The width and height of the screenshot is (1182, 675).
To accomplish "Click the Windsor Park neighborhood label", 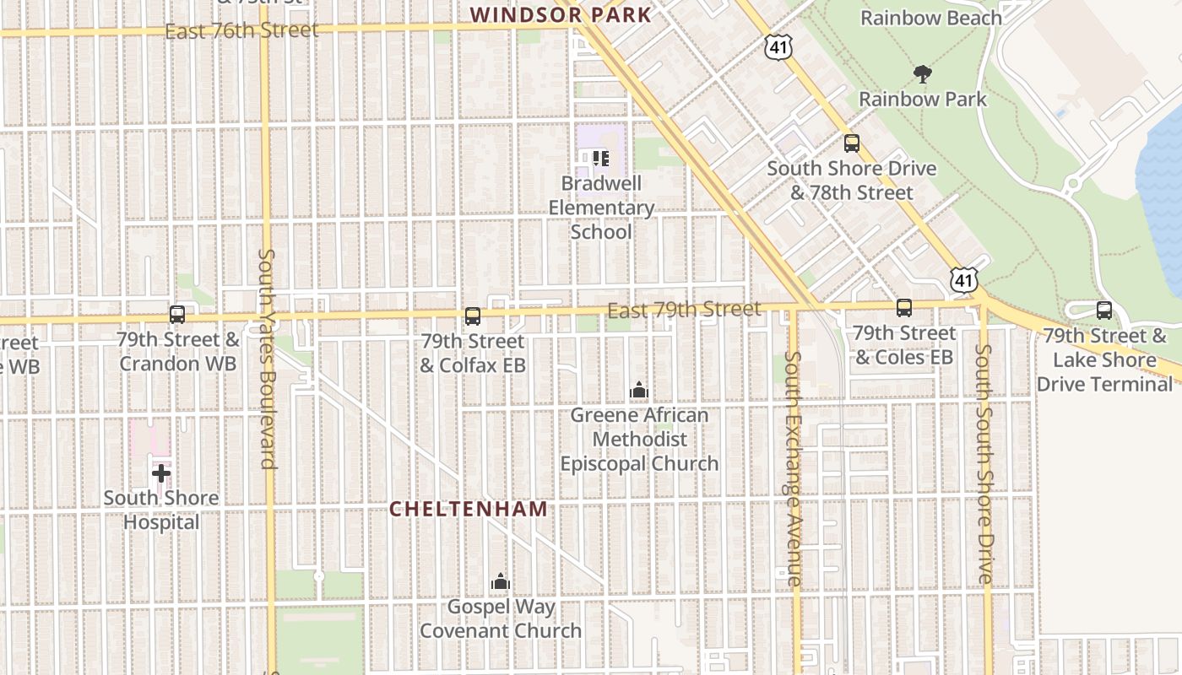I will pyautogui.click(x=561, y=14).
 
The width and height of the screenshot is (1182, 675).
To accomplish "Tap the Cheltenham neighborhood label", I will pyautogui.click(x=468, y=510).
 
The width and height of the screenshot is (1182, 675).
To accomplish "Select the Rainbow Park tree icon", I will pyautogui.click(x=923, y=74).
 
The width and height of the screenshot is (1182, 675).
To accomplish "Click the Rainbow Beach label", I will pyautogui.click(x=930, y=18).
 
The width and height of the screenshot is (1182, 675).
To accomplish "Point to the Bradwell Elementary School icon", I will pyautogui.click(x=600, y=159).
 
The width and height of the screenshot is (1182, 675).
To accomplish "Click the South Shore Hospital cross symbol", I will pyautogui.click(x=160, y=473).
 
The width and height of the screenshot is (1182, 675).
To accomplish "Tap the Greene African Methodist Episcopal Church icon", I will pyautogui.click(x=639, y=390).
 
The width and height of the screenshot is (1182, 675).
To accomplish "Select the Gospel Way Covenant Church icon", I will pyautogui.click(x=501, y=581).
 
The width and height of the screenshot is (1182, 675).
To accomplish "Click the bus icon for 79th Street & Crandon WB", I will pyautogui.click(x=177, y=315).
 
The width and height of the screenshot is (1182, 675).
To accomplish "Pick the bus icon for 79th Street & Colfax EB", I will pyautogui.click(x=473, y=316).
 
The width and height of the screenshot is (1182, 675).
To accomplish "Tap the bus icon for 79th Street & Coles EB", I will pyautogui.click(x=904, y=308).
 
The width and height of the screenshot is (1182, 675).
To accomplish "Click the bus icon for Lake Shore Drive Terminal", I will pyautogui.click(x=1103, y=310).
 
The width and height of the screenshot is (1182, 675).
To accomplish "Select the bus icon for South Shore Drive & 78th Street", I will pyautogui.click(x=851, y=143).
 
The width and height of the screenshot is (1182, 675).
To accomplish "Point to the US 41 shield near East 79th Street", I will pyautogui.click(x=963, y=280).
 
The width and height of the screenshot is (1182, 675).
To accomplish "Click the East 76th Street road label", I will pyautogui.click(x=241, y=30).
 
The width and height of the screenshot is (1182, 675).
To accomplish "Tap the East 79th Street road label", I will pyautogui.click(x=684, y=310).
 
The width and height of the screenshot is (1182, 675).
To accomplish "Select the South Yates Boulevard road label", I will pyautogui.click(x=267, y=358).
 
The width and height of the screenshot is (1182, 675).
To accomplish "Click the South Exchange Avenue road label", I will pyautogui.click(x=793, y=467).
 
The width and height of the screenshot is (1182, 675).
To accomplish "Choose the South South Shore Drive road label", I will pyautogui.click(x=984, y=463).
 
